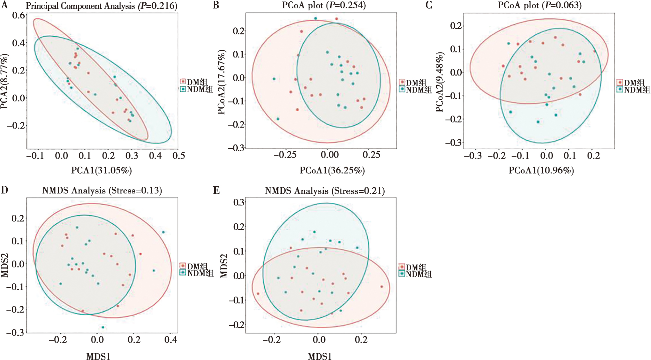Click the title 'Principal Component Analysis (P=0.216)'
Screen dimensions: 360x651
pyautogui.click(x=101, y=6)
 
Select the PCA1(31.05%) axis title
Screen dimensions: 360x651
pyautogui.click(x=101, y=171)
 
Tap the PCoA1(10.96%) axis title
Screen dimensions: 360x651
pyautogui.click(x=541, y=171)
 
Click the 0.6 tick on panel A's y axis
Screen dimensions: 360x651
pyautogui.click(x=19, y=15)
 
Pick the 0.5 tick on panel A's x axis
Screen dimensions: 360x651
pyautogui.click(x=179, y=156)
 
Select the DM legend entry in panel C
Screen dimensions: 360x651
pyautogui.click(x=634, y=82)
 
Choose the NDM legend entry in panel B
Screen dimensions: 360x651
pyautogui.click(x=416, y=89)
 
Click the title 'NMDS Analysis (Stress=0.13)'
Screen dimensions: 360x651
pyautogui.click(x=102, y=191)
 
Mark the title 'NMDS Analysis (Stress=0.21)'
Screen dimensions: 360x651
pyautogui.click(x=325, y=191)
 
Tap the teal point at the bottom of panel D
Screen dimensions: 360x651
pyautogui.click(x=103, y=327)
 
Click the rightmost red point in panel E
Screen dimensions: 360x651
pyautogui.click(x=382, y=287)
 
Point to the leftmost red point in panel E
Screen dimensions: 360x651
pyautogui.click(x=258, y=294)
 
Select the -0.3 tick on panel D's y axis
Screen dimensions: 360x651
pyautogui.click(x=15, y=333)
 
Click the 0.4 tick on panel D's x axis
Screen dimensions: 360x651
pyautogui.click(x=171, y=340)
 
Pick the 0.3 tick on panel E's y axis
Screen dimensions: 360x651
pyautogui.click(x=238, y=202)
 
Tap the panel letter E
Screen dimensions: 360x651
pyautogui.click(x=216, y=190)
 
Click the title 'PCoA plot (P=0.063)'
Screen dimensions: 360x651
pyautogui.click(x=539, y=6)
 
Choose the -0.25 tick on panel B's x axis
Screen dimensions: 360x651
pyautogui.click(x=285, y=155)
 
